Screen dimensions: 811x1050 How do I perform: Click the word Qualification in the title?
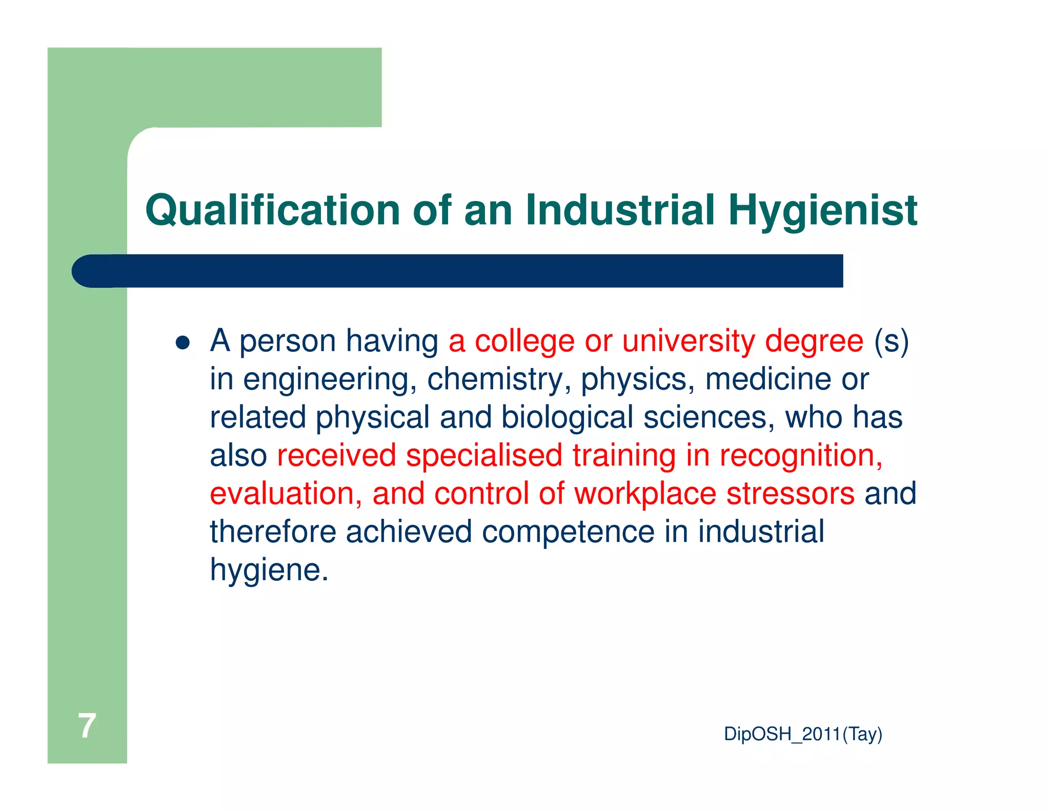(272, 210)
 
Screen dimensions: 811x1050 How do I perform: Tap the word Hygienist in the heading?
(822, 210)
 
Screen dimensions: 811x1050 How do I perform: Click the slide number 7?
(87, 726)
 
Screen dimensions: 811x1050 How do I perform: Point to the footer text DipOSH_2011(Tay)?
(803, 734)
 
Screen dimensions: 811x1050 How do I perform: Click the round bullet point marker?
(183, 342)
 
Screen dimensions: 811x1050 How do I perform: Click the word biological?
(567, 418)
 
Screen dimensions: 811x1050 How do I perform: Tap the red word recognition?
(801, 456)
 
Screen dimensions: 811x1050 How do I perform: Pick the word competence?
(568, 532)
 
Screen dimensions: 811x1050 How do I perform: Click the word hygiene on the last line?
(269, 570)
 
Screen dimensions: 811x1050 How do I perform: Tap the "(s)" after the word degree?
(892, 341)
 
